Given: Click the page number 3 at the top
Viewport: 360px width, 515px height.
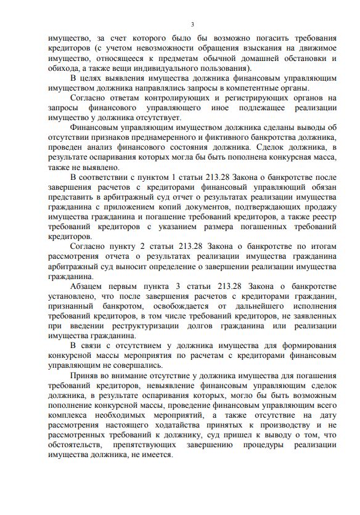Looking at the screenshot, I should point(192,25).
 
